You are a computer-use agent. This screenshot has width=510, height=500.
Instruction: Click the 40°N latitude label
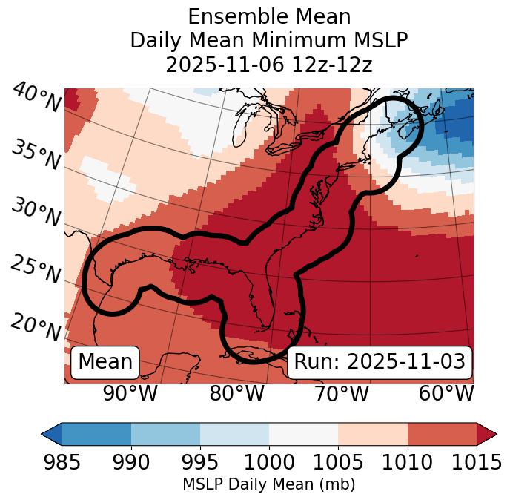point(36,97)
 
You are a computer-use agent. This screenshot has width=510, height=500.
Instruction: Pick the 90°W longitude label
point(130,393)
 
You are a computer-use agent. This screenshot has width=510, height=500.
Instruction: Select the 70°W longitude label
point(342,393)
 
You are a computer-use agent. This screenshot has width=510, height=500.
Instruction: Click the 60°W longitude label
point(446,393)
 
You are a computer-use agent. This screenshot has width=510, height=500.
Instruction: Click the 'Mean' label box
point(105,362)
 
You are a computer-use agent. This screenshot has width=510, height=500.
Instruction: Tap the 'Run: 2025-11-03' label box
point(380,362)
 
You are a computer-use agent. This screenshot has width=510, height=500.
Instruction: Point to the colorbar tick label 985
point(62,463)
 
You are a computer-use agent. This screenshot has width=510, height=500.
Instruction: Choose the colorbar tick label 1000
point(269,463)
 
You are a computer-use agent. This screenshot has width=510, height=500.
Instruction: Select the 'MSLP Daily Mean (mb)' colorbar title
point(268,485)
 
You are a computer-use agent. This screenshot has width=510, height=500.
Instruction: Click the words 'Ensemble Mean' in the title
point(269,16)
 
